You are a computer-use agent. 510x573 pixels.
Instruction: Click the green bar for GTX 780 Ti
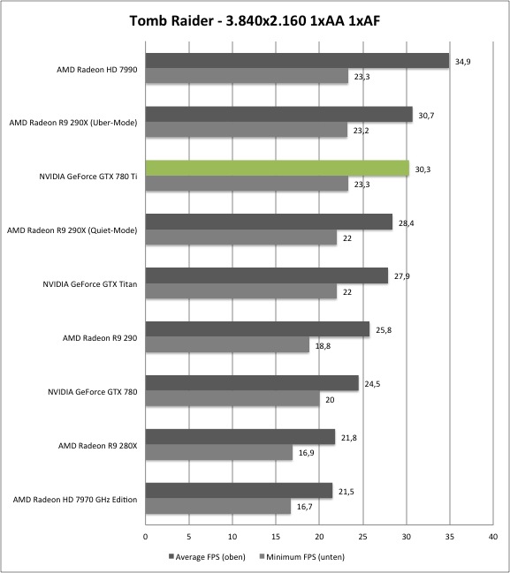point(278,168)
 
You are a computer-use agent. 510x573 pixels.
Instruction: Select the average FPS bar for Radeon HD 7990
point(298,61)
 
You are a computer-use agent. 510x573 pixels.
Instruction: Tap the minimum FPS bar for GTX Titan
point(241,291)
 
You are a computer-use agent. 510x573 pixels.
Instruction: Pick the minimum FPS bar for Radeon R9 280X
point(219,452)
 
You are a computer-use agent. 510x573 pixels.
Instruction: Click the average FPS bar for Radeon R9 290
point(257,329)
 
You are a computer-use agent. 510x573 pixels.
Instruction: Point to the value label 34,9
point(463,62)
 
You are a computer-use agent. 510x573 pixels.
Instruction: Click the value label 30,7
point(426,116)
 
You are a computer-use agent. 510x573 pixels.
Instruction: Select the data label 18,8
point(323,346)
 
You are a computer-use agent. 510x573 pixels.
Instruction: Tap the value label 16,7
point(304,507)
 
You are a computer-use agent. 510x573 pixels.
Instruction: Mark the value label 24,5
point(372,384)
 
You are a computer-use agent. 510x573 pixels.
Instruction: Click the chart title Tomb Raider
point(171,21)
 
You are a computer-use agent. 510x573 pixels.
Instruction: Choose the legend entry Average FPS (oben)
point(207,557)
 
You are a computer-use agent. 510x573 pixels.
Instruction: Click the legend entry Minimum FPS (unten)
point(301,557)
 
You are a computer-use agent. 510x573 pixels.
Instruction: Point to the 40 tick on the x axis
point(493,537)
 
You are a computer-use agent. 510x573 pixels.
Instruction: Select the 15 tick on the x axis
point(276,537)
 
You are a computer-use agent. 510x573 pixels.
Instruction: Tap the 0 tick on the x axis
point(146,537)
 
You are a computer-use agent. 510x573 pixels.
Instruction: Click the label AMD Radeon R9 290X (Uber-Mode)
point(73,123)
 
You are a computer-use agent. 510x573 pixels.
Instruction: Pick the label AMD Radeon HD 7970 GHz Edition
point(75,500)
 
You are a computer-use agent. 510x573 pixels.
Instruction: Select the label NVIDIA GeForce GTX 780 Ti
point(88,177)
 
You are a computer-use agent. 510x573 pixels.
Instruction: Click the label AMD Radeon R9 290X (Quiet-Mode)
point(72,230)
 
